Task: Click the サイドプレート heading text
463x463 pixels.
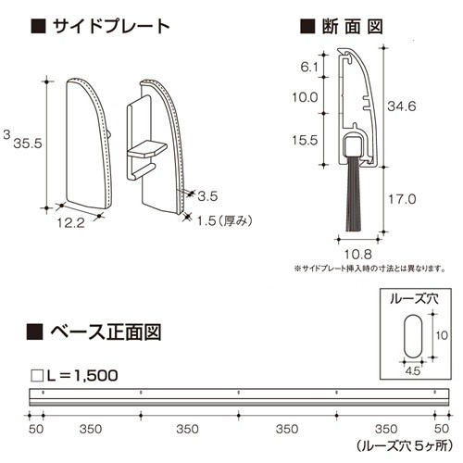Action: click(x=111, y=27)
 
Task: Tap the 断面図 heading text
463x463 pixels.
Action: click(x=352, y=27)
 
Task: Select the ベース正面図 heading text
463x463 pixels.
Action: click(x=106, y=332)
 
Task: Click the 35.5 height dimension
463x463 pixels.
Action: click(x=28, y=144)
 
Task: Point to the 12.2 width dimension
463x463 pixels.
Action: click(x=70, y=223)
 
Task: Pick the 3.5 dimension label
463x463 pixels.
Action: click(x=207, y=196)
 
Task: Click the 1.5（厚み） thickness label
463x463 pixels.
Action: click(x=224, y=220)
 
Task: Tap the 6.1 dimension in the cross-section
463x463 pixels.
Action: click(x=309, y=67)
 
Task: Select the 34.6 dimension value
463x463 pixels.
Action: click(x=402, y=106)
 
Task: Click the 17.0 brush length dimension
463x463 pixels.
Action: click(x=402, y=199)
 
